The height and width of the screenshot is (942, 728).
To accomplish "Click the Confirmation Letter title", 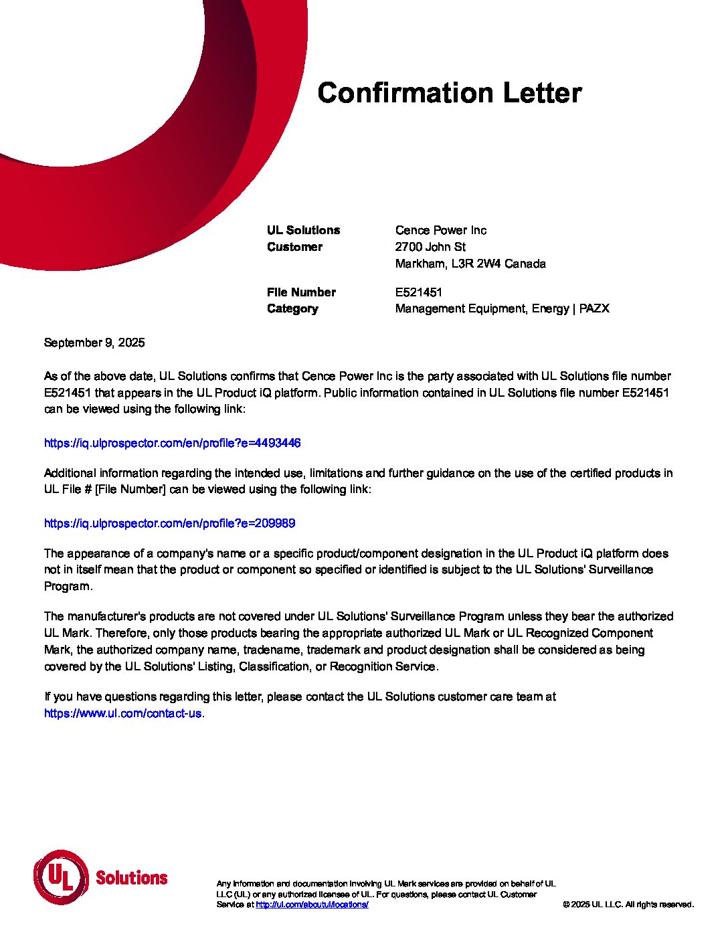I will coord(449,93).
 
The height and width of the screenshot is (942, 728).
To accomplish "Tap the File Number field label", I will coord(301,292).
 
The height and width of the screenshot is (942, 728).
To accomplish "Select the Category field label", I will coord(292,309).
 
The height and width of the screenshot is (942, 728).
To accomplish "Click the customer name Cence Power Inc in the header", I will coord(440,230).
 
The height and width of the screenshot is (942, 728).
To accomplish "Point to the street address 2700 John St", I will coord(430,247).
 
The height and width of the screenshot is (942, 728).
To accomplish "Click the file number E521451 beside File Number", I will coord(419,292).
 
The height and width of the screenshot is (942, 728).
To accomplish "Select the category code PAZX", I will coord(594,309).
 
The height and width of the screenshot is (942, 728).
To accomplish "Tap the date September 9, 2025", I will coord(94,343).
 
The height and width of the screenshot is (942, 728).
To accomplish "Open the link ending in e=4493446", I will coord(172,443).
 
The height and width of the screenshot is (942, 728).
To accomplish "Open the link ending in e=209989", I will coord(169,523).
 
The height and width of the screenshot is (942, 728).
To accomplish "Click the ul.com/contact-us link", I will coord(123,713).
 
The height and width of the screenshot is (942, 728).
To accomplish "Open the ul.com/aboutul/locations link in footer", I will coord(312,905).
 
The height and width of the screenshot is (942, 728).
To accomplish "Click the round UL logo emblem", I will coord(61,876).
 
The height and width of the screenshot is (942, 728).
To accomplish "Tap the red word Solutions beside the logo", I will coord(132,878).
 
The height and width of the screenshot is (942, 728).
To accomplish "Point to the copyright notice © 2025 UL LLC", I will coord(628,905).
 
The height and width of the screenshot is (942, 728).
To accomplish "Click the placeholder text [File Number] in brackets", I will coord(130,490).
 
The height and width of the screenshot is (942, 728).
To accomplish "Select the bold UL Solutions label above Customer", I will coord(303,230).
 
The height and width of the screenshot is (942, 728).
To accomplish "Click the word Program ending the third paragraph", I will coord(67,587).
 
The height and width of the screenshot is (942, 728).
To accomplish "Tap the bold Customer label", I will coord(294,247).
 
